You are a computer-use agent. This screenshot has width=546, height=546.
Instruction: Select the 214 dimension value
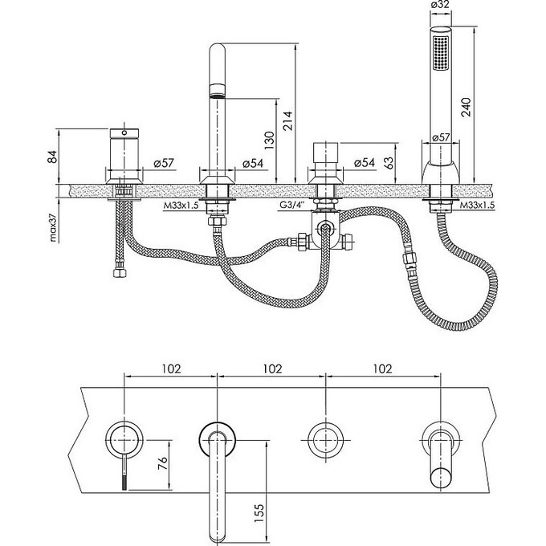(x=285, y=120)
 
